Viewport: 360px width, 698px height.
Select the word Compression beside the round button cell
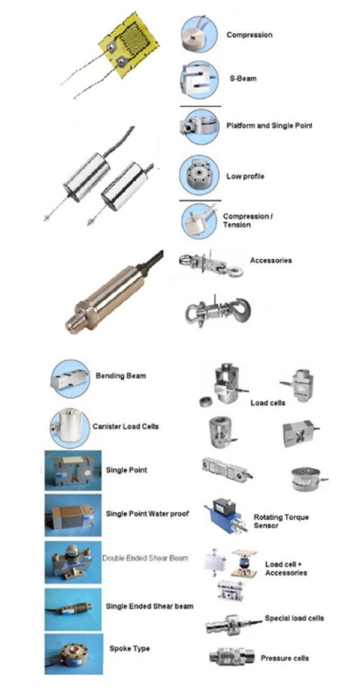249,35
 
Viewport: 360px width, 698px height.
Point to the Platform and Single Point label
269,125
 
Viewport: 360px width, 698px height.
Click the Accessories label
271,260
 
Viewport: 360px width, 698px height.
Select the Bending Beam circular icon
70,379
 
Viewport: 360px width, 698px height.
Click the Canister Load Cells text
125,427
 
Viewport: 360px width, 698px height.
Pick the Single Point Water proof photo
73,515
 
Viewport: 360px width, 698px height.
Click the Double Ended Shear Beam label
146,558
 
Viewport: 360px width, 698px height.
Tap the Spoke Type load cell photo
73,654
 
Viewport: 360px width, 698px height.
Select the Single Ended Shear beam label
149,606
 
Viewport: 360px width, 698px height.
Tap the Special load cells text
294,618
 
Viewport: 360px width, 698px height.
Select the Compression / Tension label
247,220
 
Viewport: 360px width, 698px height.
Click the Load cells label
268,403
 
